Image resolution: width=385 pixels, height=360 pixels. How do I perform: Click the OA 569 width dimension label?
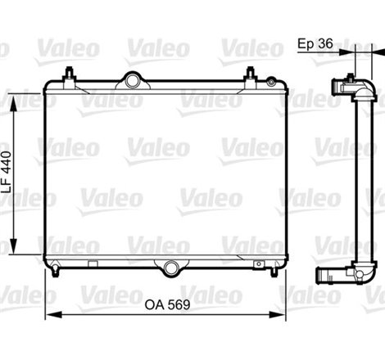[168, 303]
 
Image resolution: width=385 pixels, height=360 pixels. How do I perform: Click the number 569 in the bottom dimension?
[179, 303]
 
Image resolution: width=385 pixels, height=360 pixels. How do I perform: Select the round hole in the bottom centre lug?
[170, 268]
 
